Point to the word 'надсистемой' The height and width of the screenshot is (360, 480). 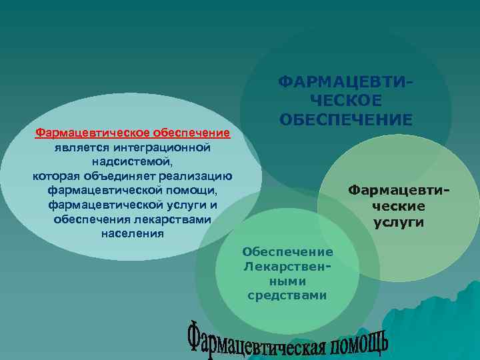coord(131,161)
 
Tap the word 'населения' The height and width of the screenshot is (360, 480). coord(132,234)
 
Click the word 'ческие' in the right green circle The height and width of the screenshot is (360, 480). coord(399,206)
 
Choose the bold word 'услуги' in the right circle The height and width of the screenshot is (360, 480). coord(399,222)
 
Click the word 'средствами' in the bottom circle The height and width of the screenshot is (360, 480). coord(287,295)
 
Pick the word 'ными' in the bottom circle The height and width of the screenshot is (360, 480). coord(287,281)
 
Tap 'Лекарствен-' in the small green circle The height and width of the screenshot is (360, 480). coord(287,266)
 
